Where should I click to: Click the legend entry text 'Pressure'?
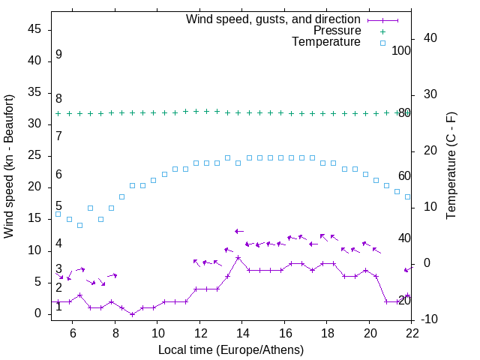pos(337,31)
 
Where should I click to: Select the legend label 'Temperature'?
pos(326,43)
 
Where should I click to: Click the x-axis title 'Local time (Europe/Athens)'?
pos(231,349)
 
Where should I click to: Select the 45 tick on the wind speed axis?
pos(34,29)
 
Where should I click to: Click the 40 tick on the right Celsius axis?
pos(430,38)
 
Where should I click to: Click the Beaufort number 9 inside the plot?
pos(58,55)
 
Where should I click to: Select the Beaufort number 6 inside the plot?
pos(58,175)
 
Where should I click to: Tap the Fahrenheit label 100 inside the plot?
pos(401,51)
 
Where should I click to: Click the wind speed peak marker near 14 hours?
pos(238,257)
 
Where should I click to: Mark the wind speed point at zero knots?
pos(132,314)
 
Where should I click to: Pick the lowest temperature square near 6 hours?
pos(79,225)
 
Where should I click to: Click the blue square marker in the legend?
pos(382,43)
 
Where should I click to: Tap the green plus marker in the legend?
pos(382,31)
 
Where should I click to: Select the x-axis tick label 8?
pos(115,331)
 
